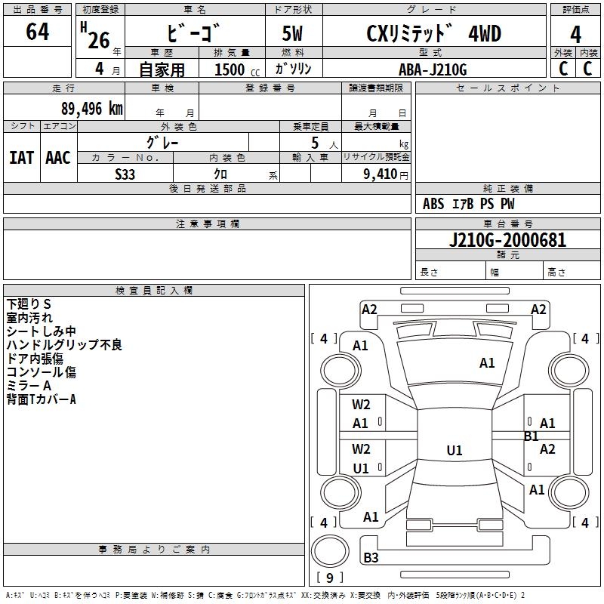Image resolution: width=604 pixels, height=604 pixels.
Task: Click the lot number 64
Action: click(37, 32)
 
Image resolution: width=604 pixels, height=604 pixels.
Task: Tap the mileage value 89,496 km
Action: click(92, 109)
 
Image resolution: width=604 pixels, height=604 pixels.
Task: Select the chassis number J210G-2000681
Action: click(507, 240)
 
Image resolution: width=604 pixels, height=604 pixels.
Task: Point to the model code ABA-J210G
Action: click(433, 69)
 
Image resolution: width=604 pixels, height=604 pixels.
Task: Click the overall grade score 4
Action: click(575, 35)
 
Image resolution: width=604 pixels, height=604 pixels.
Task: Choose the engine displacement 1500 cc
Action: click(237, 69)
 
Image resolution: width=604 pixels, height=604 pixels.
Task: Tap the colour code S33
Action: click(125, 174)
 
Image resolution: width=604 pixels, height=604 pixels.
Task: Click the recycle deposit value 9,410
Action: click(381, 174)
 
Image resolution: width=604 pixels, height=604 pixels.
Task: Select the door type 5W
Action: click(292, 33)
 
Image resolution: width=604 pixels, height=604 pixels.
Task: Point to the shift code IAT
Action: click(22, 158)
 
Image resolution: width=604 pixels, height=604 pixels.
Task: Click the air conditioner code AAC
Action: click(58, 158)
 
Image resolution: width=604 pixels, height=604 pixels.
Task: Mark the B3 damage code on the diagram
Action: click(371, 557)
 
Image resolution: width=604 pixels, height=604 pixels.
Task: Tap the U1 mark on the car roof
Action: click(455, 450)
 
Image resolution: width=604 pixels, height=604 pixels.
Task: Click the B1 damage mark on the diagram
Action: click(532, 436)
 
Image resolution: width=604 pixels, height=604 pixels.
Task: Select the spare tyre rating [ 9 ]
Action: click(330, 578)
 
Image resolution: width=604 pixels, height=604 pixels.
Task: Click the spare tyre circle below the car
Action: click(330, 551)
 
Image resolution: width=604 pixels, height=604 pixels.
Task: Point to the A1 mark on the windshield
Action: click(487, 363)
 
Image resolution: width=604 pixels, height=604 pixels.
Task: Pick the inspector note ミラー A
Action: click(29, 386)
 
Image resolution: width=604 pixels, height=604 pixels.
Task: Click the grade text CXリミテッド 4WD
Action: click(433, 33)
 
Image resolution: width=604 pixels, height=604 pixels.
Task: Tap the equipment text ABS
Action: click(433, 204)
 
